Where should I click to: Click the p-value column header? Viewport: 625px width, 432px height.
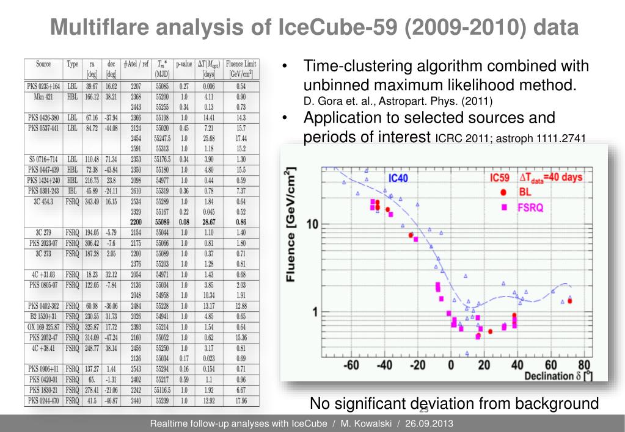[184, 64]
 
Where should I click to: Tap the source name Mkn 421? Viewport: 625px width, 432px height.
[43, 96]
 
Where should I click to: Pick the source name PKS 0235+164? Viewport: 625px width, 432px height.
[43, 86]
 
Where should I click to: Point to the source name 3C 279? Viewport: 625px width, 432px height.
[43, 233]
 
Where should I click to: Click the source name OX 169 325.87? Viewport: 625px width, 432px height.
[43, 326]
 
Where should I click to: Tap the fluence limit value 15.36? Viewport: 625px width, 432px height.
[241, 337]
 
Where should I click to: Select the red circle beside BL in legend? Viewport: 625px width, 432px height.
[503, 192]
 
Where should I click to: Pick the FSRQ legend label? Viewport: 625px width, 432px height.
[530, 207]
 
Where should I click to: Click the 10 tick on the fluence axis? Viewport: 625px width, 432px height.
[312, 225]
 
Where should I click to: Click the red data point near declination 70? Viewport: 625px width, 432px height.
[569, 301]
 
